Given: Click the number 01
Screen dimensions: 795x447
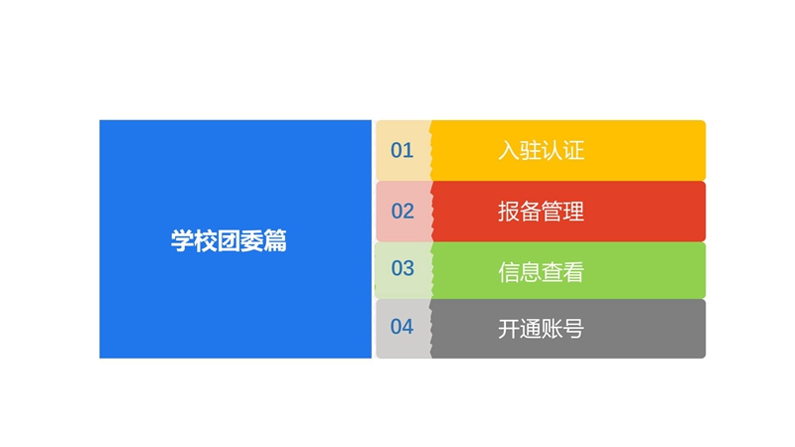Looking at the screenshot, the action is coord(402,151).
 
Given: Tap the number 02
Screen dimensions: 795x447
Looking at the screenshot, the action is coord(402,212).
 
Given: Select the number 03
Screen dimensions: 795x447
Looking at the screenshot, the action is coord(402,268).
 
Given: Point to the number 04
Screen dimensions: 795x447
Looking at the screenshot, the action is coord(402,327).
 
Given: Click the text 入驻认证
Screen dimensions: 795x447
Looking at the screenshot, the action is coord(541,151).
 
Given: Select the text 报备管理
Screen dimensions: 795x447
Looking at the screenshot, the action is coord(541,212).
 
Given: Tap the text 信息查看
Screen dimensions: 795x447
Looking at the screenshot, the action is coord(541,272).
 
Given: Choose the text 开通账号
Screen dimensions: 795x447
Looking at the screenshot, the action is coord(541,329).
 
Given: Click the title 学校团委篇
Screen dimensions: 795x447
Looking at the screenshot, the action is coord(229,240).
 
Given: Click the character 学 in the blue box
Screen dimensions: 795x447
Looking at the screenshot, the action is coord(182,240).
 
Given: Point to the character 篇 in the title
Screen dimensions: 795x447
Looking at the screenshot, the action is coord(275,240).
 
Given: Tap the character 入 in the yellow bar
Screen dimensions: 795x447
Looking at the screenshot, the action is coord(509,151).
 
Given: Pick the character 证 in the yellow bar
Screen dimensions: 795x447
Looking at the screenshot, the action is coord(574,151).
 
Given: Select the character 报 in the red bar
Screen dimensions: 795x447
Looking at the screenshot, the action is coord(509,212).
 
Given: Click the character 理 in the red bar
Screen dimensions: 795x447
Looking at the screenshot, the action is coord(574,212).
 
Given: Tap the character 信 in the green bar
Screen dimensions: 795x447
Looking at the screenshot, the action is coord(509,272).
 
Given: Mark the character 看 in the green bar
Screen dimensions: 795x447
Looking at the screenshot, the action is coord(574,272).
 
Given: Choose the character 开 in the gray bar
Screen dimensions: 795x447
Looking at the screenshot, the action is coord(509,329).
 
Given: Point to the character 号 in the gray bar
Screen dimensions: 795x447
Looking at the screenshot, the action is coord(574,329).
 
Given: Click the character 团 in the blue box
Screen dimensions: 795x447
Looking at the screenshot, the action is coord(229,240).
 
